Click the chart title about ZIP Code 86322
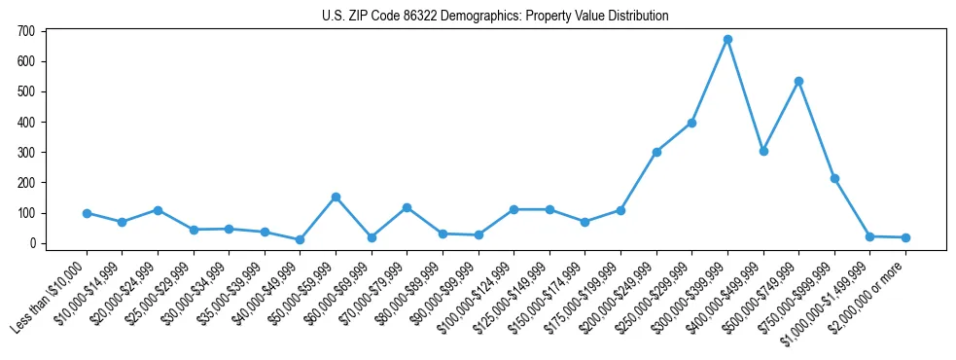[x=496, y=16]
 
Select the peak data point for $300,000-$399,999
[x=727, y=40]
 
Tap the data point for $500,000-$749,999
[x=798, y=82]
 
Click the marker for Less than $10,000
[x=87, y=213]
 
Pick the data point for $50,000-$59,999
[x=336, y=198]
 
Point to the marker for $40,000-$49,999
[x=301, y=239]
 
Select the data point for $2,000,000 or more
[x=905, y=237]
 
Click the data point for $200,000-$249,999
[x=656, y=152]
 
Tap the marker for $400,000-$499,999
[x=763, y=151]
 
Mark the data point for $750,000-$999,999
[x=834, y=178]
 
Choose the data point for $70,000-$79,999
[x=407, y=207]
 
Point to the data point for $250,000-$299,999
[x=691, y=123]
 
